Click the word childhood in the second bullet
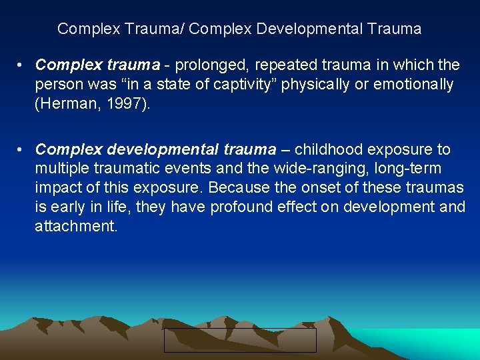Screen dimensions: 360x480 326,149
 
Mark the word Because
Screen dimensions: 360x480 238,189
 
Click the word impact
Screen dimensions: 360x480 57,189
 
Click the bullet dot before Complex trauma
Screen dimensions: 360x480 22,65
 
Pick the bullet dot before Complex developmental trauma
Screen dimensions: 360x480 22,150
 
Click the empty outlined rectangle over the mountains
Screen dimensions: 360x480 240,340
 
